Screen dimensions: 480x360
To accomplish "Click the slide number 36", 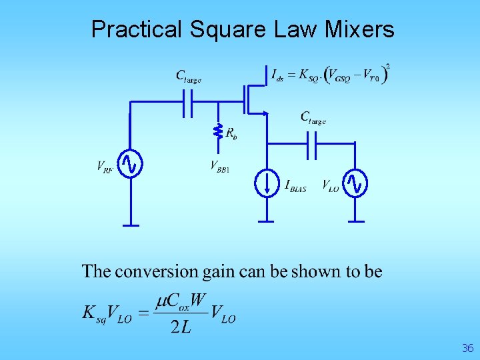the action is click(467, 348).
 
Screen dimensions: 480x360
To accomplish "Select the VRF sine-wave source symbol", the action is click(131, 164).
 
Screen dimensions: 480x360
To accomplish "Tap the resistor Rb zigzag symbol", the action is click(217, 132).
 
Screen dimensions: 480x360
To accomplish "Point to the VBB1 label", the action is click(220, 166).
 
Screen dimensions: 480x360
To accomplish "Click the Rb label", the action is click(231, 133).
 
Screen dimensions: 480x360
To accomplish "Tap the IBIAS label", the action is click(295, 186).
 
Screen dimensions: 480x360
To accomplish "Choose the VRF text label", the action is click(105, 167).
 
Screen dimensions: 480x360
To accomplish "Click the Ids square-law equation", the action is click(331, 74).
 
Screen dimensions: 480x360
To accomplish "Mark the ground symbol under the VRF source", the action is click(131, 224).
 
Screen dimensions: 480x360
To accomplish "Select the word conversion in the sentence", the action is click(157, 271).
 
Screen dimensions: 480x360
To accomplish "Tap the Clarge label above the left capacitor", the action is click(188, 76).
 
